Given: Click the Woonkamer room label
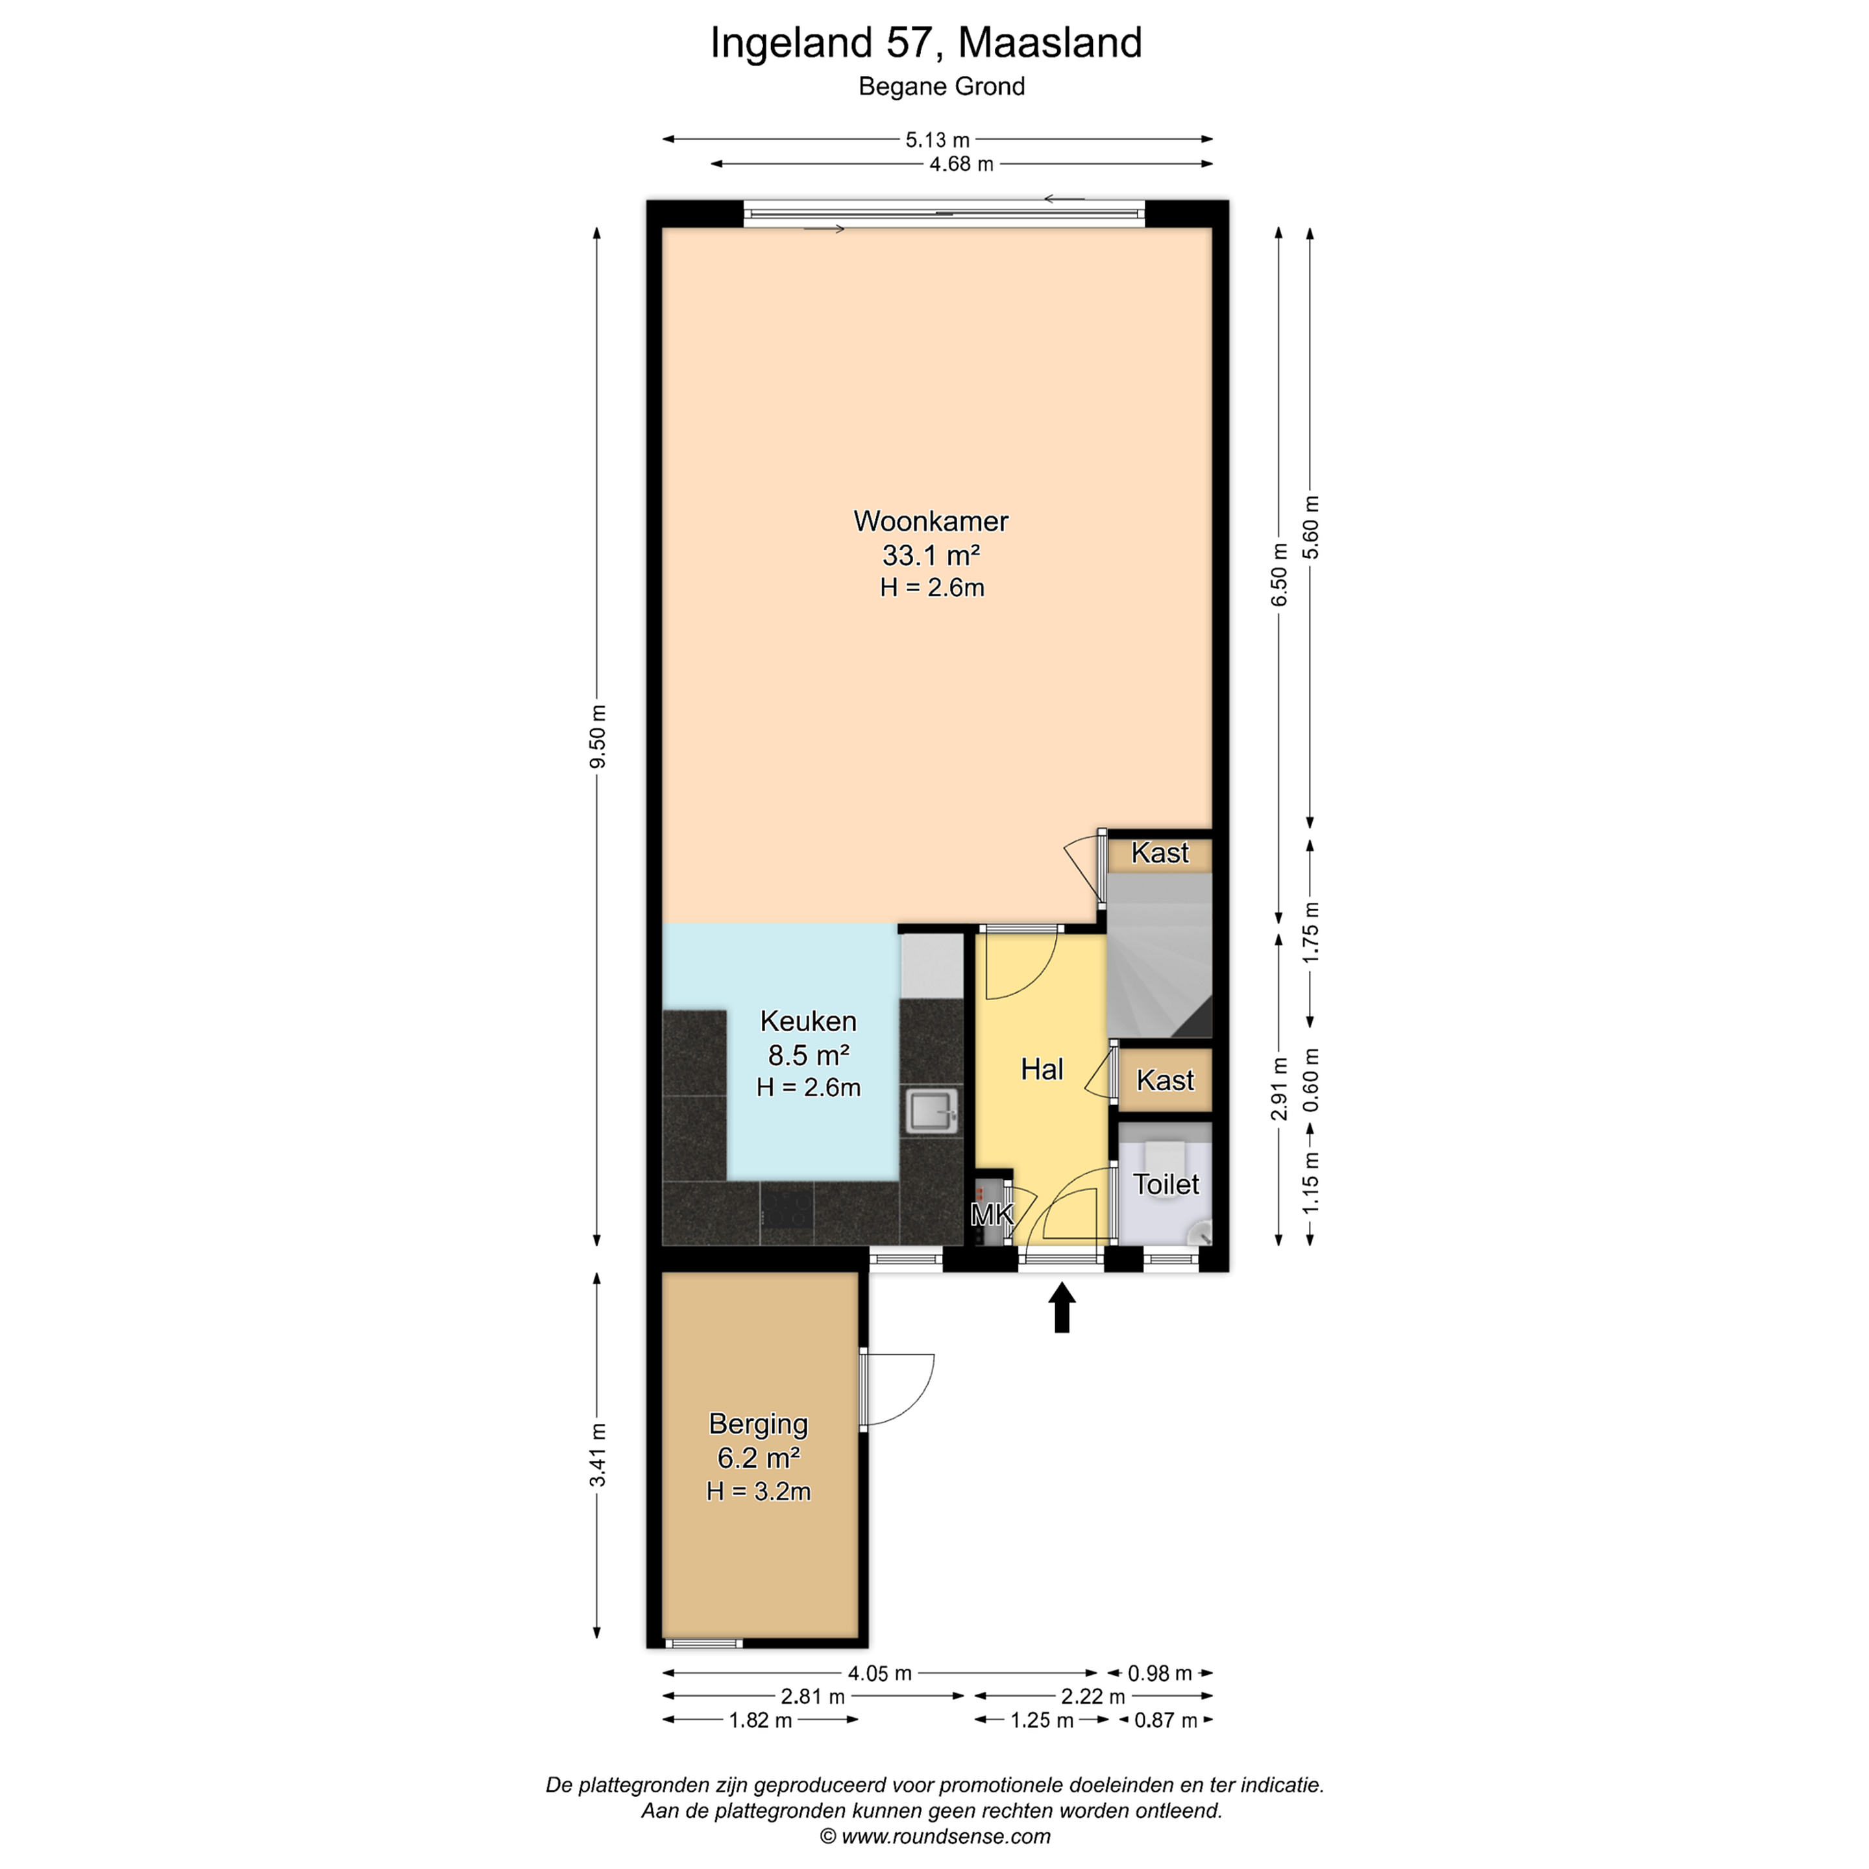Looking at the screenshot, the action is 931,521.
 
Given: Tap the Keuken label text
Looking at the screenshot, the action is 808,1021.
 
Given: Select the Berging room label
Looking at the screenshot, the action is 759,1424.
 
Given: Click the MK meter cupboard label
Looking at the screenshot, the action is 992,1214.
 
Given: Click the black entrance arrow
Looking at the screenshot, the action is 1062,1307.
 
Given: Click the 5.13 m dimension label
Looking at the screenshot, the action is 937,140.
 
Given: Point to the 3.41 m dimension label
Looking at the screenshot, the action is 598,1455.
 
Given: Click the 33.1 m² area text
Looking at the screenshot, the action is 931,556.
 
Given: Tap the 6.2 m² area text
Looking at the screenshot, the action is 759,1458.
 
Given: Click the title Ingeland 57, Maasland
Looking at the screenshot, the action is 926,43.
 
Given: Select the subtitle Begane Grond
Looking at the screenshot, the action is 941,86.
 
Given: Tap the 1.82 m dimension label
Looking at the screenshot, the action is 761,1720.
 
